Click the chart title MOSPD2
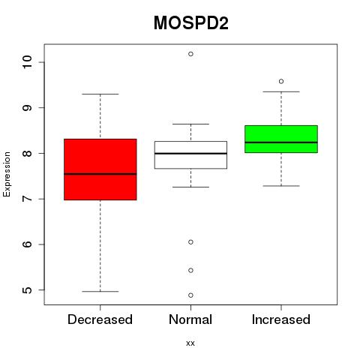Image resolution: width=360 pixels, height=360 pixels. [x=190, y=23]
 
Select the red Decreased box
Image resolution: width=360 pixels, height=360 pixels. [x=100, y=169]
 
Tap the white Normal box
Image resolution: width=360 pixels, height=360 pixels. [x=190, y=155]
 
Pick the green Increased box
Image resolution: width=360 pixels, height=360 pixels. [x=281, y=139]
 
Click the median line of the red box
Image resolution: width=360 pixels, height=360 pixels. [x=100, y=174]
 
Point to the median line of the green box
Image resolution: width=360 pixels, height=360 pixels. [x=281, y=142]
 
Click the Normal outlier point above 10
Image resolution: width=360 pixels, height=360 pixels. [x=190, y=54]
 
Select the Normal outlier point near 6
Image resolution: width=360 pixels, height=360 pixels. [x=190, y=242]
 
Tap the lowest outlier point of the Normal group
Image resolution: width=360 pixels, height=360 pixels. [x=190, y=295]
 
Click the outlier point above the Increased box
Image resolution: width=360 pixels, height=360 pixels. [x=281, y=81]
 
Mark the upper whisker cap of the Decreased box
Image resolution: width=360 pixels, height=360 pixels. [x=100, y=94]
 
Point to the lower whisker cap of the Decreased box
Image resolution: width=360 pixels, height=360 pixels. [x=100, y=291]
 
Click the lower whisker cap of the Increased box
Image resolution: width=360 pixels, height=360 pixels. [x=281, y=186]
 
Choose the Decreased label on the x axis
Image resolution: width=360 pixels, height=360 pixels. [x=100, y=319]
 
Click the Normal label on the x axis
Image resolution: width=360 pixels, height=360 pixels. [x=190, y=319]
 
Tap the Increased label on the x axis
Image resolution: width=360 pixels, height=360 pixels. [x=281, y=319]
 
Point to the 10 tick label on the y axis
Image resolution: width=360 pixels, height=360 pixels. [x=27, y=62]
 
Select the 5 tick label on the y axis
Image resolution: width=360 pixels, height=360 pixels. [x=27, y=290]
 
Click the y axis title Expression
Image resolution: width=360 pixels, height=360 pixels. [x=7, y=174]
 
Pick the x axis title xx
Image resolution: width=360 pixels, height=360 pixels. [x=190, y=343]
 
